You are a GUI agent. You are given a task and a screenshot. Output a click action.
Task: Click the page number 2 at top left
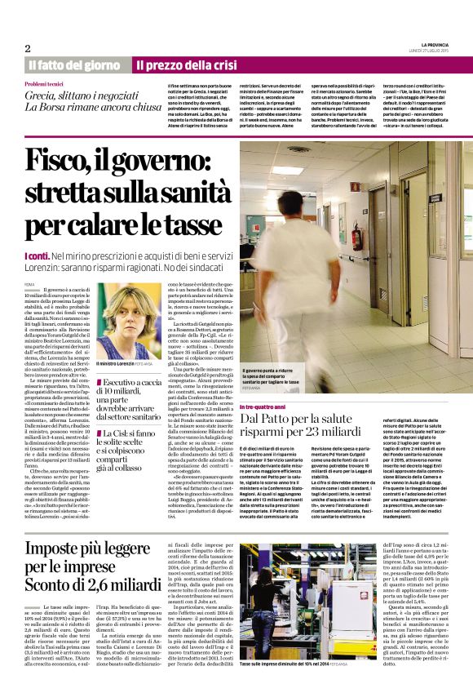[x=27, y=47]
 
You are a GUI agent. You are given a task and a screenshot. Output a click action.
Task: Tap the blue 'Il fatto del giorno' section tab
[x=74, y=64]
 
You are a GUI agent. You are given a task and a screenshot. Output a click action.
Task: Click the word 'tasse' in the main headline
[x=183, y=223]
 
